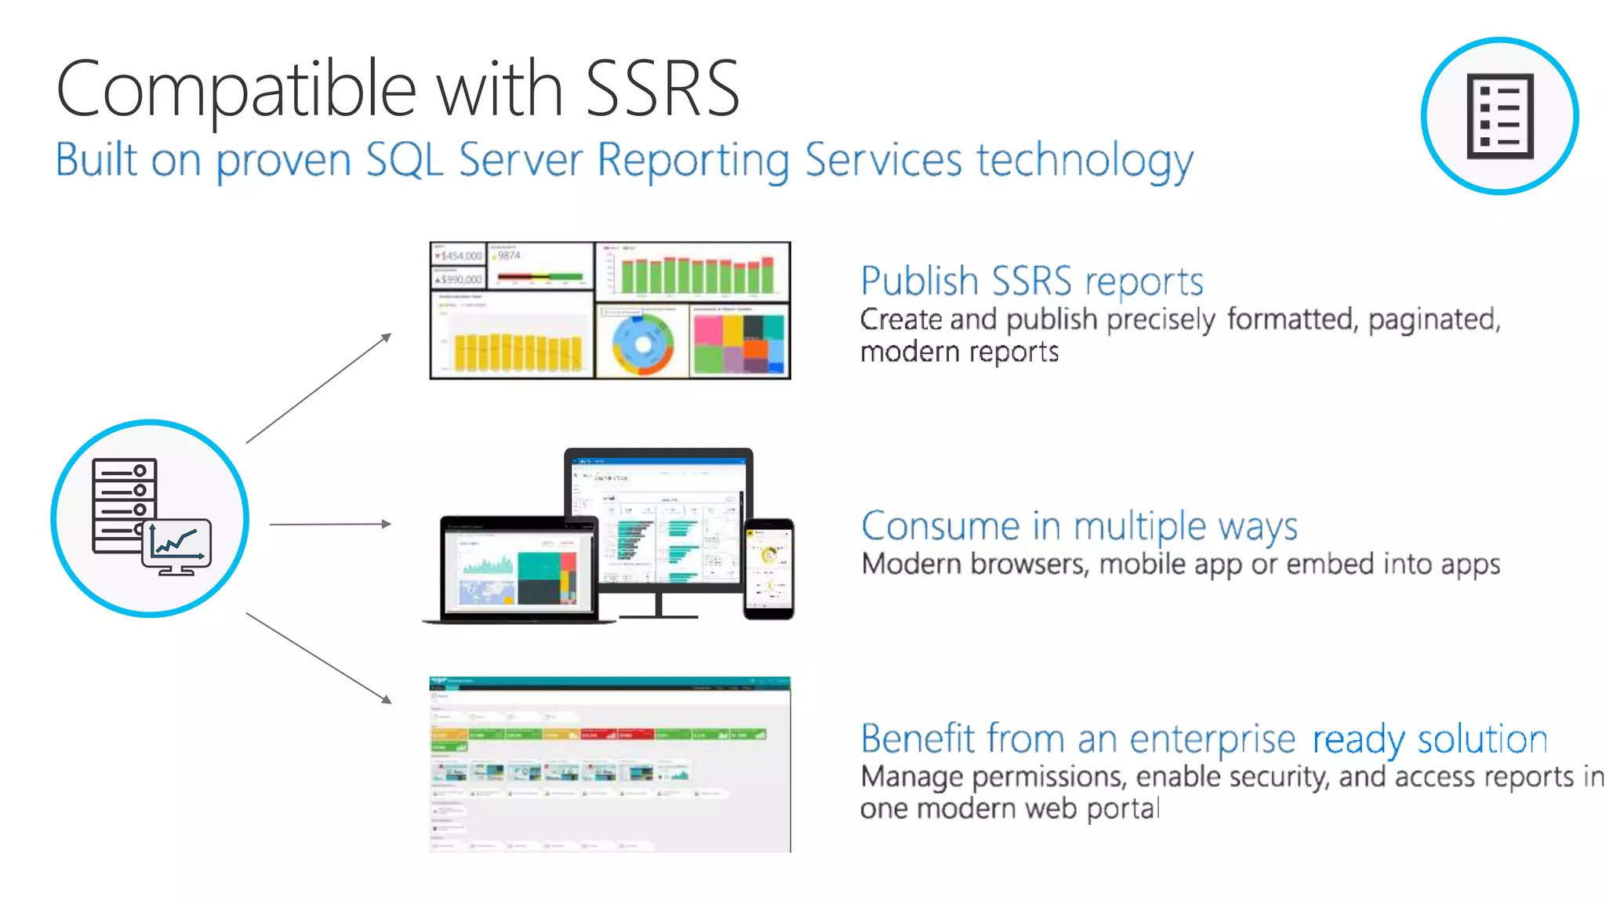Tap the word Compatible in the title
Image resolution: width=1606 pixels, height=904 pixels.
pyautogui.click(x=235, y=89)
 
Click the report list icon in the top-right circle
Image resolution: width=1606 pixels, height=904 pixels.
pyautogui.click(x=1499, y=116)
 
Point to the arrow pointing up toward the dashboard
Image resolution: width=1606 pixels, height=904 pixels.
pyautogui.click(x=318, y=389)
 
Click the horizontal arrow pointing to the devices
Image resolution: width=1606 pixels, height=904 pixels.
pyautogui.click(x=329, y=524)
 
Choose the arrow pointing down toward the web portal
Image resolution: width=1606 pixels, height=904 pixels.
pyautogui.click(x=318, y=657)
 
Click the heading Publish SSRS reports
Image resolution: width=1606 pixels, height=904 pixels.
pyautogui.click(x=1031, y=281)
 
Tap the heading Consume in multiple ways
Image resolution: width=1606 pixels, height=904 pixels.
pyautogui.click(x=1079, y=525)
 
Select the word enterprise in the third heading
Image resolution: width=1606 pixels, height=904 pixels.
pyautogui.click(x=1212, y=739)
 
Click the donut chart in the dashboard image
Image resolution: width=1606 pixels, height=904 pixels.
pyautogui.click(x=642, y=344)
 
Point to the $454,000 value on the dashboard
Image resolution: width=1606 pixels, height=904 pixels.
pyautogui.click(x=461, y=256)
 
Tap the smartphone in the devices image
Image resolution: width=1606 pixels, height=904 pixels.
pyautogui.click(x=768, y=568)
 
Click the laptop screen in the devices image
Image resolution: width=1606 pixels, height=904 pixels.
pyautogui.click(x=518, y=569)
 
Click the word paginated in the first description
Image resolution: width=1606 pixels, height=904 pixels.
pyautogui.click(x=1433, y=320)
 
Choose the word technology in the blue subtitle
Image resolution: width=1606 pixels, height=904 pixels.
pyautogui.click(x=1085, y=161)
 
